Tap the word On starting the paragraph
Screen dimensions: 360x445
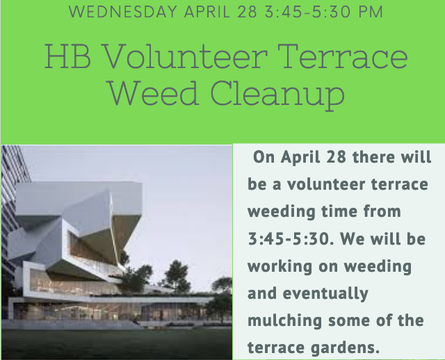(264, 156)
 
